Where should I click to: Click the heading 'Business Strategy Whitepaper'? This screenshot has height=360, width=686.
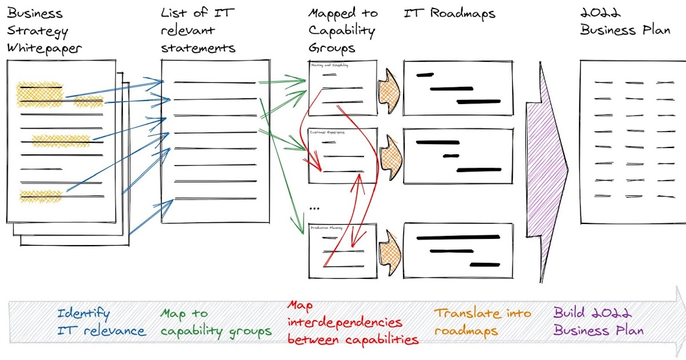pyautogui.click(x=44, y=30)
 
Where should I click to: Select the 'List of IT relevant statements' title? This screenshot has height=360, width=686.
pyautogui.click(x=198, y=30)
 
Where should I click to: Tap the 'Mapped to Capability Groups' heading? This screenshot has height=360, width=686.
pyautogui.click(x=342, y=30)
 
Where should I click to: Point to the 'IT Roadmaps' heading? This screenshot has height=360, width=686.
pyautogui.click(x=449, y=13)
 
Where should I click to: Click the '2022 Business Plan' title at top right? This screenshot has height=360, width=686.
pyautogui.click(x=625, y=22)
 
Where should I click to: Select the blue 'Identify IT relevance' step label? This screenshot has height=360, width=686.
pyautogui.click(x=101, y=322)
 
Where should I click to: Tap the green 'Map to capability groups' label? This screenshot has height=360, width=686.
pyautogui.click(x=216, y=322)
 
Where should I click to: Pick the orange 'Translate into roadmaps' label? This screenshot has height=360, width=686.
pyautogui.click(x=482, y=322)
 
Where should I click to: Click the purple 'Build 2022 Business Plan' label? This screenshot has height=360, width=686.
pyautogui.click(x=598, y=322)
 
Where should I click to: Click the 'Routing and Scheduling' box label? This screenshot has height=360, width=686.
pyautogui.click(x=330, y=65)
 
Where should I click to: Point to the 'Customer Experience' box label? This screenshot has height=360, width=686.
pyautogui.click(x=328, y=132)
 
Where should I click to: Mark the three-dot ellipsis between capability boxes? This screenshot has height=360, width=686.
pyautogui.click(x=314, y=209)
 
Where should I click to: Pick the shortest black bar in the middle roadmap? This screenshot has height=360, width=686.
pyautogui.click(x=451, y=155)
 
